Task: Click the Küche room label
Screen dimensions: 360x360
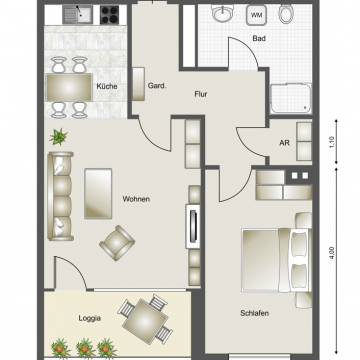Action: point(108,87)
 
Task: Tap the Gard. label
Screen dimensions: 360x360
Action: point(156,87)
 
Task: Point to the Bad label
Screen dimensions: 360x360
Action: point(259,39)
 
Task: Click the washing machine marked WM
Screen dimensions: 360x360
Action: point(256,16)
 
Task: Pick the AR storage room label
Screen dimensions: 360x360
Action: point(285,143)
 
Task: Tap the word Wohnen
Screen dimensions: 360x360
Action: point(136,200)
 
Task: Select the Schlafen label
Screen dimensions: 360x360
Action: point(255,313)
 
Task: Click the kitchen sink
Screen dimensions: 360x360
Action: point(74,15)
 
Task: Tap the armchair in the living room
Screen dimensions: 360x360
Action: point(117,241)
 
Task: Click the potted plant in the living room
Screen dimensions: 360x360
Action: point(60,136)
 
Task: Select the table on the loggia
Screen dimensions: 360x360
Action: point(148,320)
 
